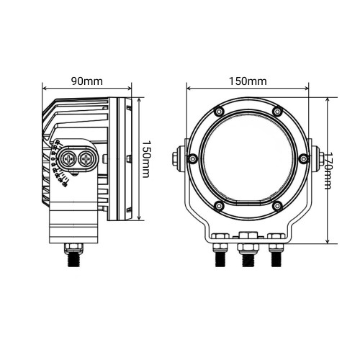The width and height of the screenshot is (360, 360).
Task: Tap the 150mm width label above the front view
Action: pyautogui.click(x=248, y=80)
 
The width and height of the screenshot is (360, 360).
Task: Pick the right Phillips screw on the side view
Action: pyautogui.click(x=86, y=158)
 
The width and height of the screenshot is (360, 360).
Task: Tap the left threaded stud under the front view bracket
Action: pyautogui.click(x=218, y=258)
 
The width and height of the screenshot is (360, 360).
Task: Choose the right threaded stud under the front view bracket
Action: pyautogui.click(x=276, y=258)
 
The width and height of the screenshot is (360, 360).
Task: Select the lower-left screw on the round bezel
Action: pyautogui.click(x=218, y=207)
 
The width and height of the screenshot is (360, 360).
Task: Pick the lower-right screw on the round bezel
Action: pyautogui.click(x=276, y=207)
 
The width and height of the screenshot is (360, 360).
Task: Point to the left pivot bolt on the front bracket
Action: pyautogui.click(x=179, y=158)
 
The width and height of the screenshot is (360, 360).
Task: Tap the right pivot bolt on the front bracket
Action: pyautogui.click(x=318, y=158)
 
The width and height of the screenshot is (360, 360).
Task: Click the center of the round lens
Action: pyautogui.click(x=248, y=158)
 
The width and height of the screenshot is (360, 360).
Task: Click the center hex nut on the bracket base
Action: pyautogui.click(x=247, y=237)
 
